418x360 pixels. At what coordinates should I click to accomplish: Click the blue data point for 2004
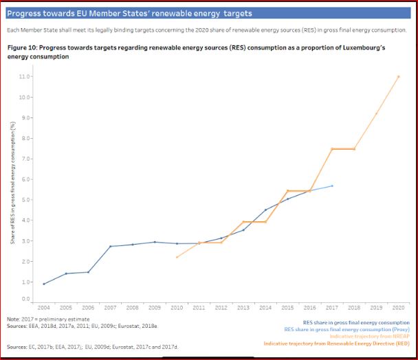(44, 284)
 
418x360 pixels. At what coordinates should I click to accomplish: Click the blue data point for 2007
(110, 246)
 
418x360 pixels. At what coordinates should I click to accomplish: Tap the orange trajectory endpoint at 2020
(398, 76)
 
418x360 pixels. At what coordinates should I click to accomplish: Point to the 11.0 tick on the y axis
(25, 76)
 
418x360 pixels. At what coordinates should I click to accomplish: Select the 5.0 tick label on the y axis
(26, 200)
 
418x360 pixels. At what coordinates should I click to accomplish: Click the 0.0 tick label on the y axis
(26, 299)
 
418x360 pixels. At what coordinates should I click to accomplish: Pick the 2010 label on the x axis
(177, 308)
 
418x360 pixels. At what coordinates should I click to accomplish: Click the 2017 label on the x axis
(332, 308)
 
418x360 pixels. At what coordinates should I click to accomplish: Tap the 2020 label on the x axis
(398, 308)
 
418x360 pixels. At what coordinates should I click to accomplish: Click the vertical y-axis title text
(13, 182)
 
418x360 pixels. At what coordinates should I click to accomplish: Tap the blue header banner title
(129, 13)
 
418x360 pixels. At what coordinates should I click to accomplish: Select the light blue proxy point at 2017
(332, 185)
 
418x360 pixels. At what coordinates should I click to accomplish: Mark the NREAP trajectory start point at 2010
(177, 257)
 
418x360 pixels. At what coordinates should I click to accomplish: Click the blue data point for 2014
(265, 210)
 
